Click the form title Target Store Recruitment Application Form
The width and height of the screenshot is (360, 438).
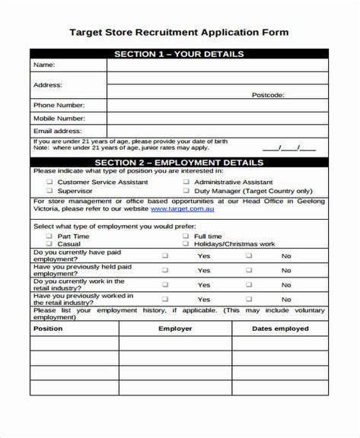click(x=179, y=33)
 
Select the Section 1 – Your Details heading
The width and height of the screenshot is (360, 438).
click(x=179, y=54)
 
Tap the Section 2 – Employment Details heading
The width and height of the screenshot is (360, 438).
click(x=179, y=162)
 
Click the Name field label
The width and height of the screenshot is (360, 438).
click(x=43, y=65)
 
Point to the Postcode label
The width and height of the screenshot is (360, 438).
click(x=268, y=95)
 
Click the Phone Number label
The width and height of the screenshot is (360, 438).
click(x=59, y=105)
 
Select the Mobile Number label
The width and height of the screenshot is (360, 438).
click(x=59, y=119)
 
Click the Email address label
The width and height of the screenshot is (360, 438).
click(x=57, y=131)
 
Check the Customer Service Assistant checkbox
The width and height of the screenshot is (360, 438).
click(x=49, y=182)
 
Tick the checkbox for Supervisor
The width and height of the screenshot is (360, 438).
click(x=49, y=192)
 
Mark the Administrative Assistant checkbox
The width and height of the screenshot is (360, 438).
click(x=186, y=182)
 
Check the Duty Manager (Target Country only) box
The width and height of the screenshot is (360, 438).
click(x=186, y=192)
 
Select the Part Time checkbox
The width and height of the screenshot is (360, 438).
click(x=49, y=236)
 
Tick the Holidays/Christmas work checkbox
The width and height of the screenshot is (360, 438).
click(x=186, y=244)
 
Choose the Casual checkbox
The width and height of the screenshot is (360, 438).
click(x=49, y=244)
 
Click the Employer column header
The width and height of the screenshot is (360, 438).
click(x=175, y=328)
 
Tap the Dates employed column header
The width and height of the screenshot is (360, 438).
click(x=280, y=328)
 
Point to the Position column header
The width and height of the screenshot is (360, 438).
click(x=49, y=328)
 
